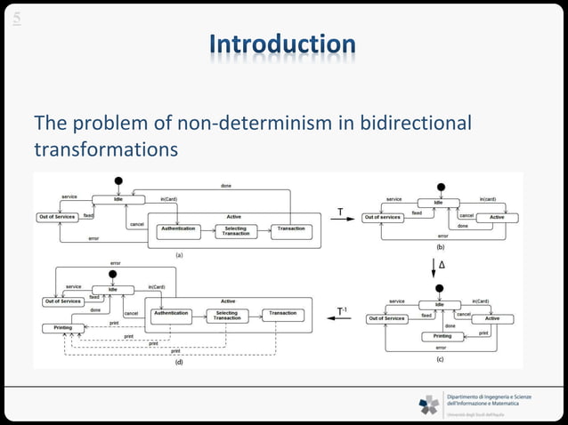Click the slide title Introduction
283,44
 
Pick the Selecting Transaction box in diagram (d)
227,315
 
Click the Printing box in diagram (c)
442,336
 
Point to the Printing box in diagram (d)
58,328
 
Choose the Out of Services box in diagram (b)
383,217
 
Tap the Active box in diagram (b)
497,217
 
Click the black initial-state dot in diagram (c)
439,288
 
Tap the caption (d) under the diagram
178,363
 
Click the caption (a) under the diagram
178,254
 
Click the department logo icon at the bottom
429,405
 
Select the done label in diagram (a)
225,185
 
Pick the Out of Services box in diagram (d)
61,301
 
